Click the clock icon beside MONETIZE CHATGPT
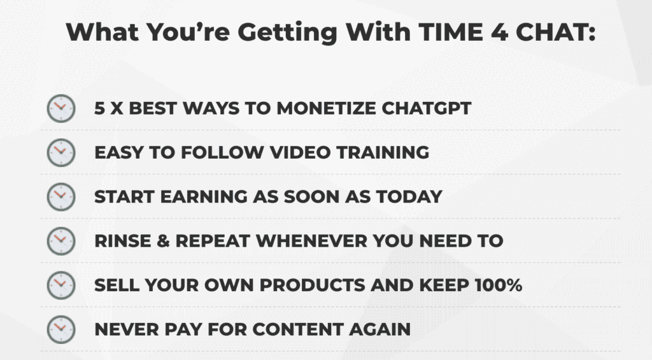coord(61,109)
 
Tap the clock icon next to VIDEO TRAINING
coord(61,153)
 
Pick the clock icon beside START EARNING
coord(61,197)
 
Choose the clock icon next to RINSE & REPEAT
coord(61,241)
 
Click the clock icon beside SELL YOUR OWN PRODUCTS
coord(61,285)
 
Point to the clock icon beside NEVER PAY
coord(61,329)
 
